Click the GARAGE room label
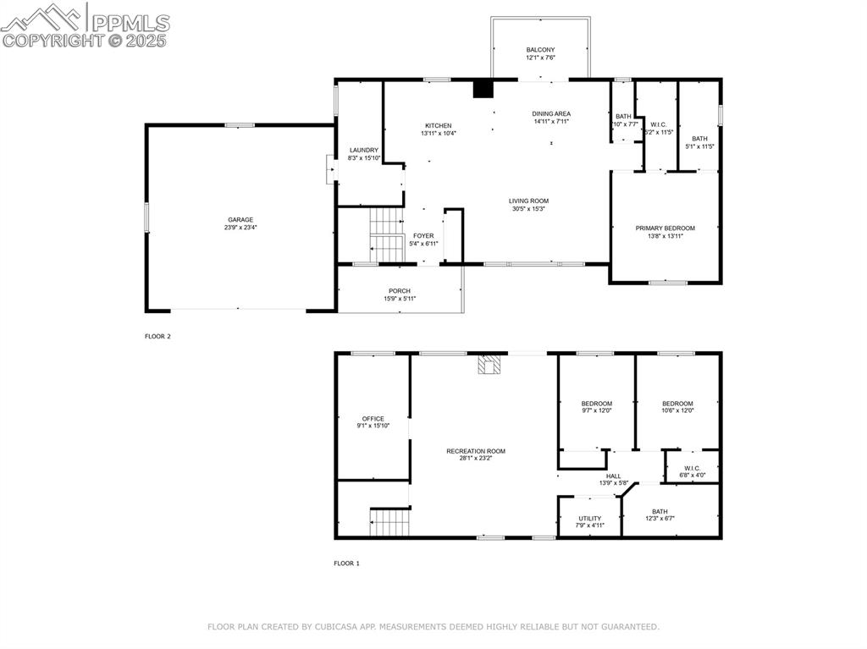coord(240,220)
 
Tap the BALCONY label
coord(540,50)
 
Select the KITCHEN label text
coord(438,126)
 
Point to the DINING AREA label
coord(551,113)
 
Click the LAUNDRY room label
coord(363,151)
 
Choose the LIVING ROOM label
coord(528,201)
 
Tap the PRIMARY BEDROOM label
coord(665,228)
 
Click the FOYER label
coord(423,236)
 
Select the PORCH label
coord(400,291)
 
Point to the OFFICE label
coord(373,419)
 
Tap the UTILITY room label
coord(590,519)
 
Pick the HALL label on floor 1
coord(614,476)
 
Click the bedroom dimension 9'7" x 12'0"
coord(596,410)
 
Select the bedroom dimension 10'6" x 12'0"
coord(677,410)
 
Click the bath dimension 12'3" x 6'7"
coord(659,519)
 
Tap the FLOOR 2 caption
coord(157,336)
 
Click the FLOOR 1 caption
coord(346,563)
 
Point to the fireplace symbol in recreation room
coord(489,365)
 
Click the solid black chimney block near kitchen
coord(483,89)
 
